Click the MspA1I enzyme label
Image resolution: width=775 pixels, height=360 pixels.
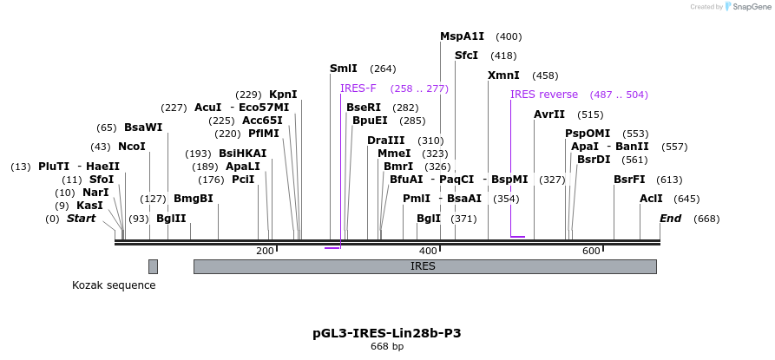click(x=462, y=36)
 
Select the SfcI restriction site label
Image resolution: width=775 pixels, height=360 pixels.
click(x=466, y=56)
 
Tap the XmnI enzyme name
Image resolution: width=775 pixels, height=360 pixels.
click(x=503, y=75)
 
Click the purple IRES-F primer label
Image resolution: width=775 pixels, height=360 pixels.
click(x=358, y=88)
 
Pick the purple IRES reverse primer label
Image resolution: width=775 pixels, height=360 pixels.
click(x=544, y=95)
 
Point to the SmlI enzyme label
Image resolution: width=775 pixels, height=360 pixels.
click(x=343, y=69)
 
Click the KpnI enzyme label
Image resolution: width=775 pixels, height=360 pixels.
click(x=283, y=95)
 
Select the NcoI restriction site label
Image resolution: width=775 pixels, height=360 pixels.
click(x=132, y=147)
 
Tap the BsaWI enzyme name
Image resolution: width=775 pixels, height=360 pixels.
click(x=143, y=128)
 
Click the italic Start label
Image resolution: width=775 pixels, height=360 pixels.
click(x=81, y=219)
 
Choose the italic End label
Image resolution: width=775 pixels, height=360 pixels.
click(x=671, y=219)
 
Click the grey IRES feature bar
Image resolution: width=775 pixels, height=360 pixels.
click(x=424, y=266)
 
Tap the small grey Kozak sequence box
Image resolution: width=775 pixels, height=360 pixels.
click(x=153, y=266)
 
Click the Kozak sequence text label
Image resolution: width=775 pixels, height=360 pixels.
click(x=114, y=285)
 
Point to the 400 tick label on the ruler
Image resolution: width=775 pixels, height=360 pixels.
click(x=428, y=251)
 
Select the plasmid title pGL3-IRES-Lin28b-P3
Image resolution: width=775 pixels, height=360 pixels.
click(x=387, y=333)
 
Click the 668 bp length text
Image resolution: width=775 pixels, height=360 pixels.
click(x=387, y=347)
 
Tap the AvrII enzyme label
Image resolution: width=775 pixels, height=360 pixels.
click(x=549, y=115)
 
